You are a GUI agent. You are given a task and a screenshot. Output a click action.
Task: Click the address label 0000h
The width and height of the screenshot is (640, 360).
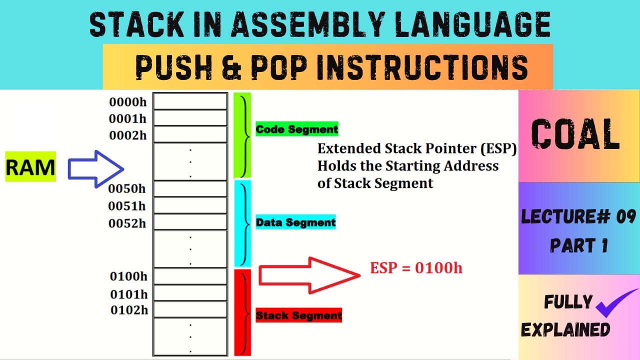coord(128,102)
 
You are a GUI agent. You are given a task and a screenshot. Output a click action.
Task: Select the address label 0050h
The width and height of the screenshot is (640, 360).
coord(127,189)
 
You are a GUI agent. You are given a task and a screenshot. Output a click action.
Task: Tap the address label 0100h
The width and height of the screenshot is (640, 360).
coord(128,276)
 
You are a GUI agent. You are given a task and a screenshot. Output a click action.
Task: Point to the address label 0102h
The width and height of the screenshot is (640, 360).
coord(129,310)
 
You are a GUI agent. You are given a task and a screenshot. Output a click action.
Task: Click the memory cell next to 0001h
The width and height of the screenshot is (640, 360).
coord(190,118)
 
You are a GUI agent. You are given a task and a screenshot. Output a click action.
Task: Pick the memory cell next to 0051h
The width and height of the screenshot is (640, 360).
coord(190,205)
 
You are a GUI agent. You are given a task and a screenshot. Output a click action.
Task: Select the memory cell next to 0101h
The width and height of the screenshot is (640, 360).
coord(190,293)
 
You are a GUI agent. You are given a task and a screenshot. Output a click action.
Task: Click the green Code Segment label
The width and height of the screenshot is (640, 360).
coord(297,129)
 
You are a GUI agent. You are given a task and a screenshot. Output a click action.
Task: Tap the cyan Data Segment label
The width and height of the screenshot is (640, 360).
coord(295,222)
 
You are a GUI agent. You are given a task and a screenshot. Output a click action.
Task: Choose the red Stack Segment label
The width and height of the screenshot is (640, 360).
coord(298,315)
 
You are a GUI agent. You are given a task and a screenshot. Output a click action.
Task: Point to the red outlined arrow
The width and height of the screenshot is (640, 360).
coord(309,274)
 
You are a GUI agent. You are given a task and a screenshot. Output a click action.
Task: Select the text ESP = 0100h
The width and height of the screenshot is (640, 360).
coord(416,268)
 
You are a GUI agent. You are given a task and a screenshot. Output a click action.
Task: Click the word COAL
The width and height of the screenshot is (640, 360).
coord(575,135)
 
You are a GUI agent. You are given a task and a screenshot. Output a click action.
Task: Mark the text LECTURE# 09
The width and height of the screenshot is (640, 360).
coord(578,216)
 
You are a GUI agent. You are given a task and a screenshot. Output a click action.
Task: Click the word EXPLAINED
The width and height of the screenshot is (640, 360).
coord(565,330)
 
